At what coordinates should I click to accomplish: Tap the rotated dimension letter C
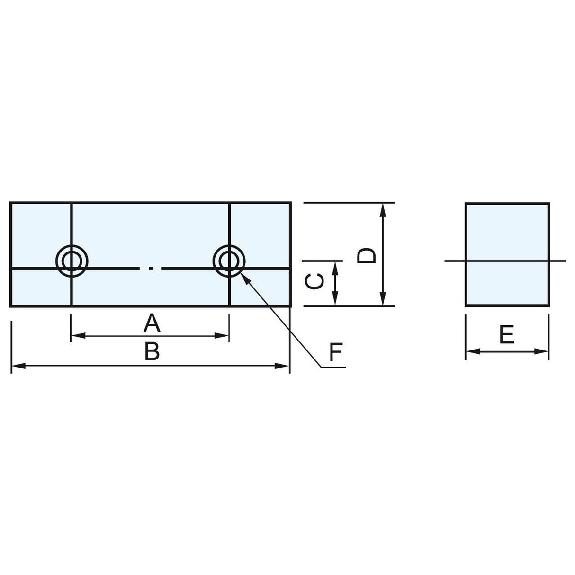314,282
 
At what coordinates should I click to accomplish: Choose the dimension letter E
507,336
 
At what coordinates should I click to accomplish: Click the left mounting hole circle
71,260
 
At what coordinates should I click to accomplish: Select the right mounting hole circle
229,260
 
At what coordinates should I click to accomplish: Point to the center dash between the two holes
151,269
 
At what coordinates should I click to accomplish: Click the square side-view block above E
507,254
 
